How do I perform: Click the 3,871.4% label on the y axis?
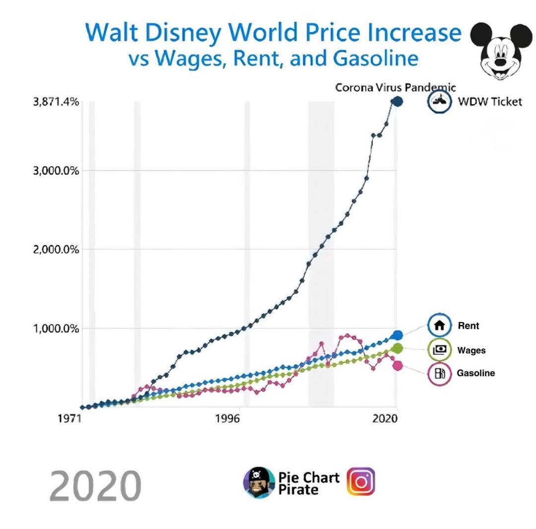pyautogui.click(x=56, y=102)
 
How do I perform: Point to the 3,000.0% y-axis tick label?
pyautogui.click(x=56, y=170)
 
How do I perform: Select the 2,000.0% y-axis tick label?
pyautogui.click(x=56, y=249)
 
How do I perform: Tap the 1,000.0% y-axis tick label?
pyautogui.click(x=56, y=328)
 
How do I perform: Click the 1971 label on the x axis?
pyautogui.click(x=69, y=418)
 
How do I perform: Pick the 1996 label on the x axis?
pyautogui.click(x=227, y=418)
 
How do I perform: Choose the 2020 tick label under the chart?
pyautogui.click(x=385, y=418)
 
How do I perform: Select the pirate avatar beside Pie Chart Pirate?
pyautogui.click(x=259, y=482)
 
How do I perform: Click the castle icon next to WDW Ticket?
pyautogui.click(x=439, y=101)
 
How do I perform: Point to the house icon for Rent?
pyautogui.click(x=439, y=326)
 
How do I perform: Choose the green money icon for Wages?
pyautogui.click(x=439, y=350)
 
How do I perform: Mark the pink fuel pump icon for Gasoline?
pyautogui.click(x=439, y=373)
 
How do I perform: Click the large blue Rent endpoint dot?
pyautogui.click(x=397, y=335)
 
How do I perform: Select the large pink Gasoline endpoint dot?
pyautogui.click(x=397, y=365)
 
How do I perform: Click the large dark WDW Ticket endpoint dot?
pyautogui.click(x=397, y=101)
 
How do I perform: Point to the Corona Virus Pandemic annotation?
pyautogui.click(x=395, y=88)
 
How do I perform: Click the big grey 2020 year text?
pyautogui.click(x=95, y=485)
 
